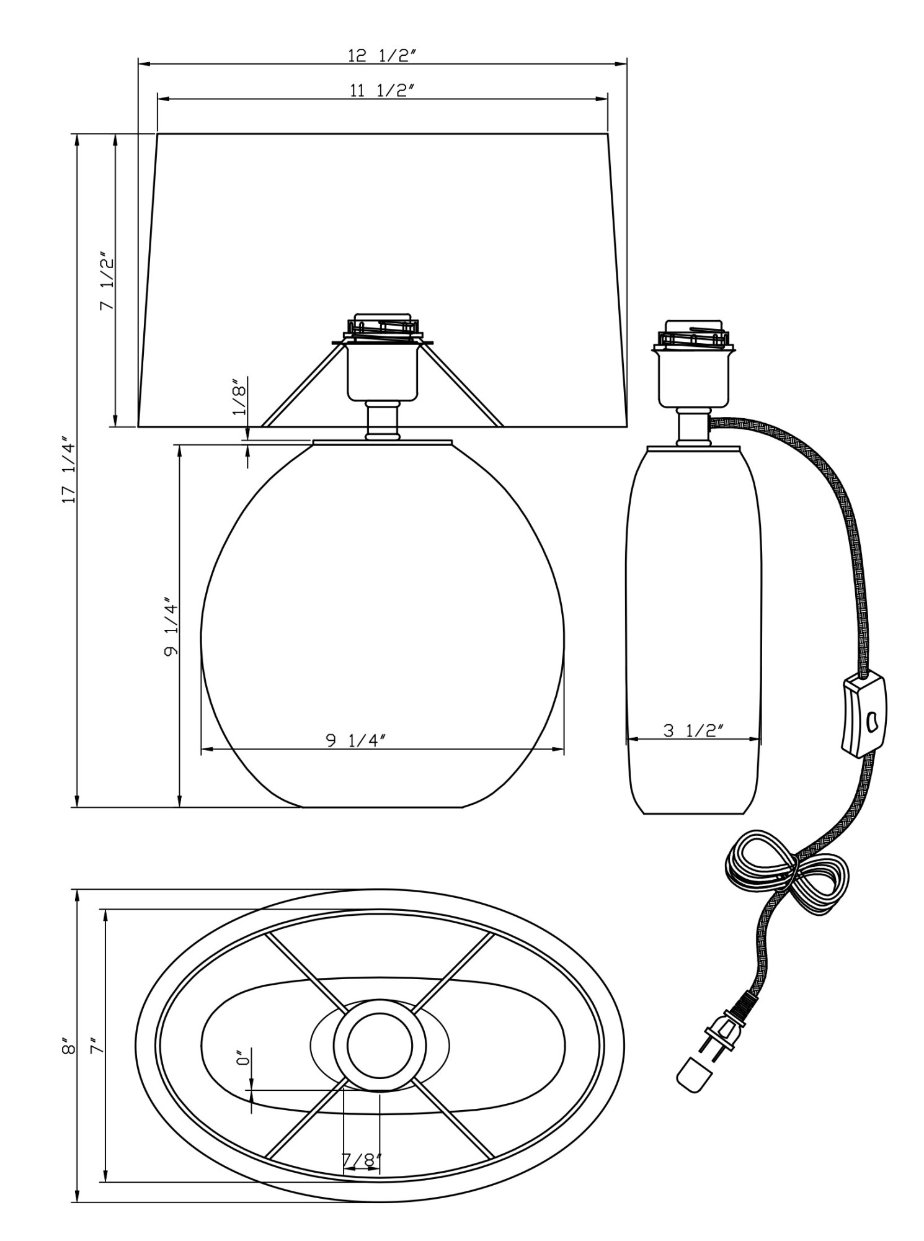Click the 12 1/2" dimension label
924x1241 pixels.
tap(381, 55)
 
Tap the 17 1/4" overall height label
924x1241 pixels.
tap(69, 473)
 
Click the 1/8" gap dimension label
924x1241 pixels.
tap(239, 397)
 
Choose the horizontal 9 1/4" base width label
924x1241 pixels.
tap(355, 740)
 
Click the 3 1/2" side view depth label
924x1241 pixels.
tap(693, 730)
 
